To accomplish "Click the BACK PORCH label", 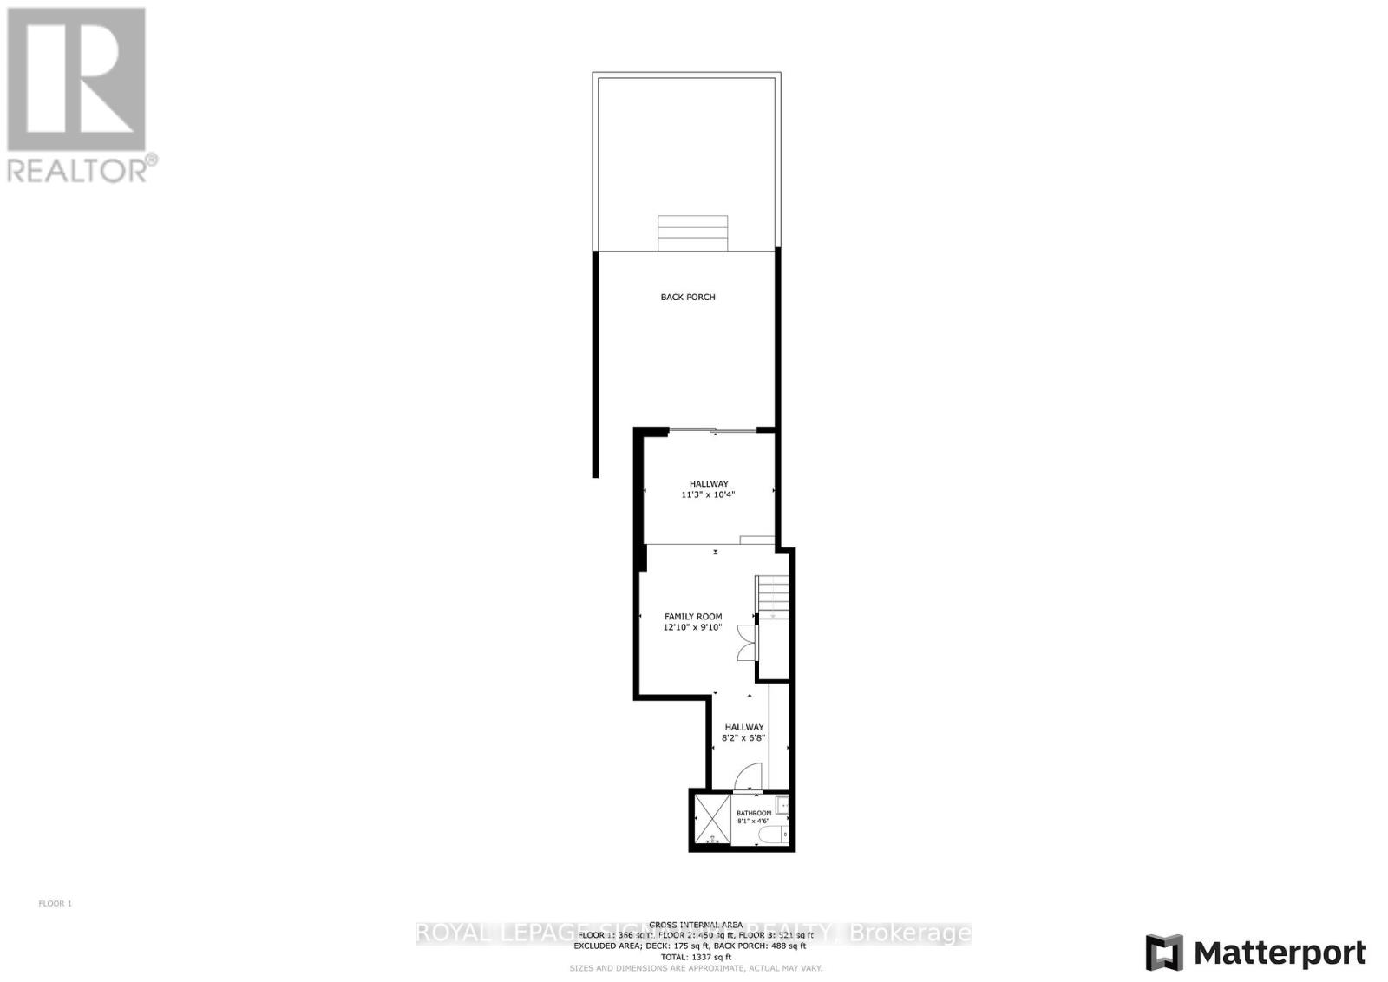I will coord(688,298).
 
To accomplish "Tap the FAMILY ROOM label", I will coord(693,617).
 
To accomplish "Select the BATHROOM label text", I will coord(753,813).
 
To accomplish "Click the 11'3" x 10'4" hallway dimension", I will coord(709,495).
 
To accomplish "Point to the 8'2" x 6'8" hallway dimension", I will coord(743,738).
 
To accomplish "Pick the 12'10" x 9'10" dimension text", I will coord(692,627).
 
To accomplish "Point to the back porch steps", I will coord(691,232).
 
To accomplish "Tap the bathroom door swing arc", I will coord(748,777).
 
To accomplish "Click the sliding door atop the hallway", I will coord(713,430).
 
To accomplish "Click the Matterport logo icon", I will coord(1164,953).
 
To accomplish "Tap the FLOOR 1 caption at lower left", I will coord(56,904).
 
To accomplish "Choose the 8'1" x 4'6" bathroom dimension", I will coord(753,822).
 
